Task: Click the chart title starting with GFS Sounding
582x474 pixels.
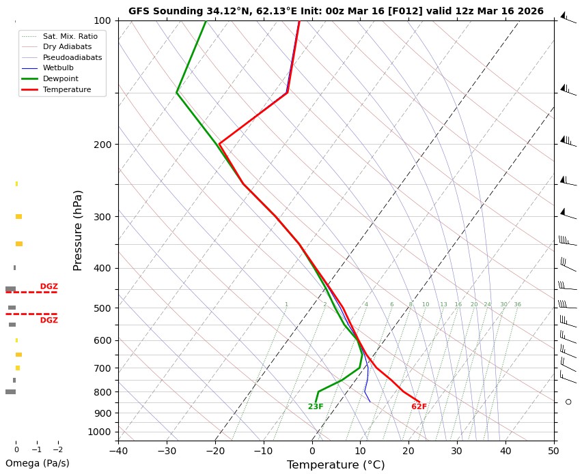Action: pyautogui.click(x=335, y=11)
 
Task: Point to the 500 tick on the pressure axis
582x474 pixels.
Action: pyautogui.click(x=102, y=308)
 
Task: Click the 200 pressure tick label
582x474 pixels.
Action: pyautogui.click(x=102, y=145)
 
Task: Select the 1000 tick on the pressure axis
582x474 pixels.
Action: pyautogui.click(x=100, y=432)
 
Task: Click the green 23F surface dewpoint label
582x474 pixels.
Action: pyautogui.click(x=316, y=407)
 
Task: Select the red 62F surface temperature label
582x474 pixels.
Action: pyautogui.click(x=419, y=407)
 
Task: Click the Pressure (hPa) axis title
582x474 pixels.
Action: pyautogui.click(x=78, y=231)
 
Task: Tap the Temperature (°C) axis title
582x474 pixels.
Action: pyautogui.click(x=335, y=465)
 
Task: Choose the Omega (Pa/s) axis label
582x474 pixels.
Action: pyautogui.click(x=37, y=464)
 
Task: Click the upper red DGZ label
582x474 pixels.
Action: pyautogui.click(x=49, y=286)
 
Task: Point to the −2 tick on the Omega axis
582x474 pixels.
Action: pyautogui.click(x=57, y=450)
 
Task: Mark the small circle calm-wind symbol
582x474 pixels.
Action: pyautogui.click(x=568, y=402)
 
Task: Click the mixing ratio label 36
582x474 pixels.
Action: pyautogui.click(x=517, y=304)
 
